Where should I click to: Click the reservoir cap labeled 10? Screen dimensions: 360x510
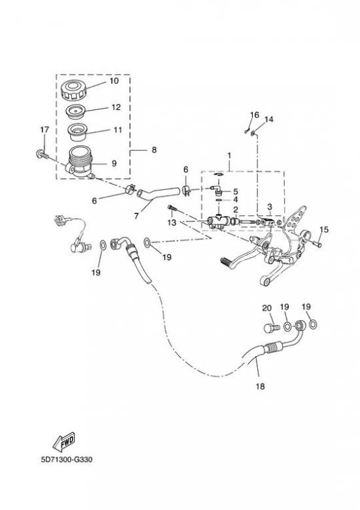pyautogui.click(x=73, y=90)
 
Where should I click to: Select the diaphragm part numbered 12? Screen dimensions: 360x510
pyautogui.click(x=75, y=112)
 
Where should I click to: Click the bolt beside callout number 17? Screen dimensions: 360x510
pyautogui.click(x=42, y=155)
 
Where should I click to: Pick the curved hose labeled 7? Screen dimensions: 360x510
pyautogui.click(x=158, y=193)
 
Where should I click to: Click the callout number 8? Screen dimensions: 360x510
pyautogui.click(x=154, y=149)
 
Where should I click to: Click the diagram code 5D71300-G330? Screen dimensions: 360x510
pyautogui.click(x=67, y=459)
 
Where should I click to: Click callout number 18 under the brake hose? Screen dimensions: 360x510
pyautogui.click(x=261, y=386)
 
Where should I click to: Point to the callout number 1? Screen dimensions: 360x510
pyautogui.click(x=229, y=155)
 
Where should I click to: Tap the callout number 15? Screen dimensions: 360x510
pyautogui.click(x=324, y=229)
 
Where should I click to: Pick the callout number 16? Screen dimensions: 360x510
pyautogui.click(x=255, y=115)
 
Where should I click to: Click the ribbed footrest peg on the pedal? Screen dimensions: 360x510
pyautogui.click(x=227, y=261)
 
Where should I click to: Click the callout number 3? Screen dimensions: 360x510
pyautogui.click(x=269, y=207)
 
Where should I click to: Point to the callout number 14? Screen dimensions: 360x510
pyautogui.click(x=269, y=119)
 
